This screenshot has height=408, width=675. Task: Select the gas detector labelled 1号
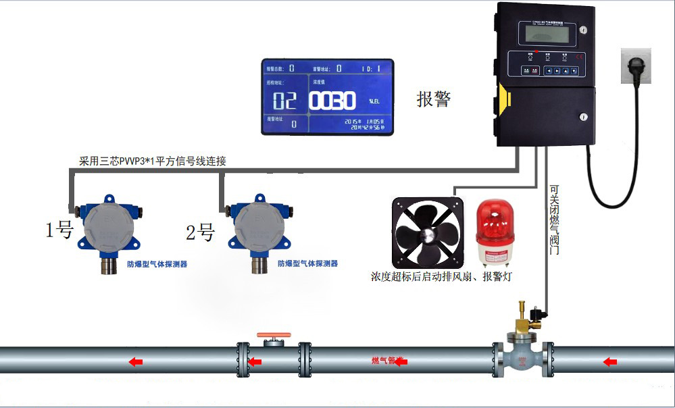106,230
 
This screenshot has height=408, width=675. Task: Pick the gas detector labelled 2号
256,230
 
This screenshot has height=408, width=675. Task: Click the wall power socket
635,66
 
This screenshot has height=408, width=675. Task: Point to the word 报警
433,99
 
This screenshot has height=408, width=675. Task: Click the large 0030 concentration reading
332,101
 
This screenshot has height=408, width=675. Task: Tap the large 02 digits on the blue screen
284,101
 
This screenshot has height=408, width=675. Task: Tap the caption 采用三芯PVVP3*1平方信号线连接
153,161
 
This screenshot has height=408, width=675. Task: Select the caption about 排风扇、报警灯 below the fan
446,276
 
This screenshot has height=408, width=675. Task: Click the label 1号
59,231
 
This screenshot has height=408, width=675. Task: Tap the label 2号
200,233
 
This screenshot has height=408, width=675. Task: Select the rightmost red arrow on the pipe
610,362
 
